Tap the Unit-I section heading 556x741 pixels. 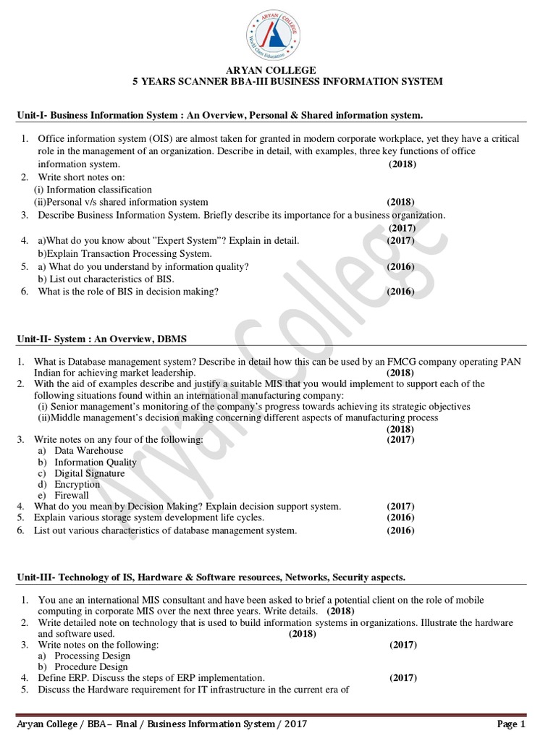219,115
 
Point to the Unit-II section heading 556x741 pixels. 103,339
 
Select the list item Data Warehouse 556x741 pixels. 89,451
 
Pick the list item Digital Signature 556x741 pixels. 90,473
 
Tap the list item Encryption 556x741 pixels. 77,484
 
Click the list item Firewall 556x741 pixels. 72,496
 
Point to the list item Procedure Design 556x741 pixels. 91,666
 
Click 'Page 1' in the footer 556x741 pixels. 511,724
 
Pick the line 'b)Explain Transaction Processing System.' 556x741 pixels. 125,253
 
